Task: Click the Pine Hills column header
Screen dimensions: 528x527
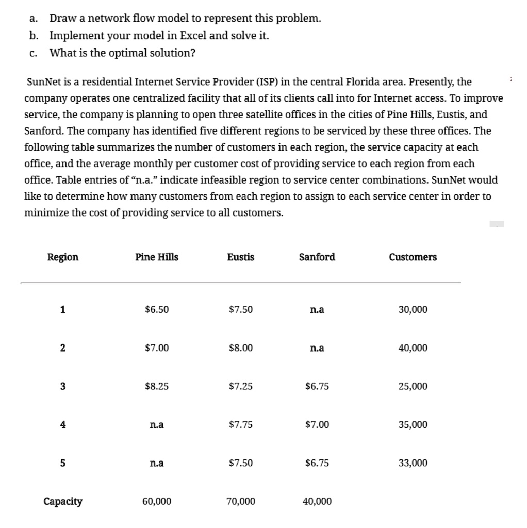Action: [157, 257]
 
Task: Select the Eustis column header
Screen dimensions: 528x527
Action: [240, 257]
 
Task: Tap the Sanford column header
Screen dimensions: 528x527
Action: [317, 257]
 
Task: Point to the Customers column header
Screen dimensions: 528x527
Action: [413, 257]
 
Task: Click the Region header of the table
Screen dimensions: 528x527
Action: [63, 257]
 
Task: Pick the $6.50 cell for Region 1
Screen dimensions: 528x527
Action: [157, 310]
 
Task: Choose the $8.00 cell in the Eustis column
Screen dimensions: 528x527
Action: [240, 348]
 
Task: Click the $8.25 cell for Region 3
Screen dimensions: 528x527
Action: [157, 386]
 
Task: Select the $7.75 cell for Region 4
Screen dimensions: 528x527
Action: [240, 425]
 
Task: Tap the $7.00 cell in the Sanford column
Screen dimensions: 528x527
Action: [317, 425]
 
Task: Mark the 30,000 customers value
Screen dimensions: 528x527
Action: [413, 310]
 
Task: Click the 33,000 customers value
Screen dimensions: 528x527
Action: [413, 463]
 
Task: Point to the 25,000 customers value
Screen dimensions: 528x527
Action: [413, 386]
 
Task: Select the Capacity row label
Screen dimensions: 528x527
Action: [63, 501]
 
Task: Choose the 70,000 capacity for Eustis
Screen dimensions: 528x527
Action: [240, 501]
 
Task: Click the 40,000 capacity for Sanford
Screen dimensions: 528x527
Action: [317, 501]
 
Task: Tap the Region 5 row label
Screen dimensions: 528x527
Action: [63, 463]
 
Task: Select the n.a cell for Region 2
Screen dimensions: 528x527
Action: [317, 348]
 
